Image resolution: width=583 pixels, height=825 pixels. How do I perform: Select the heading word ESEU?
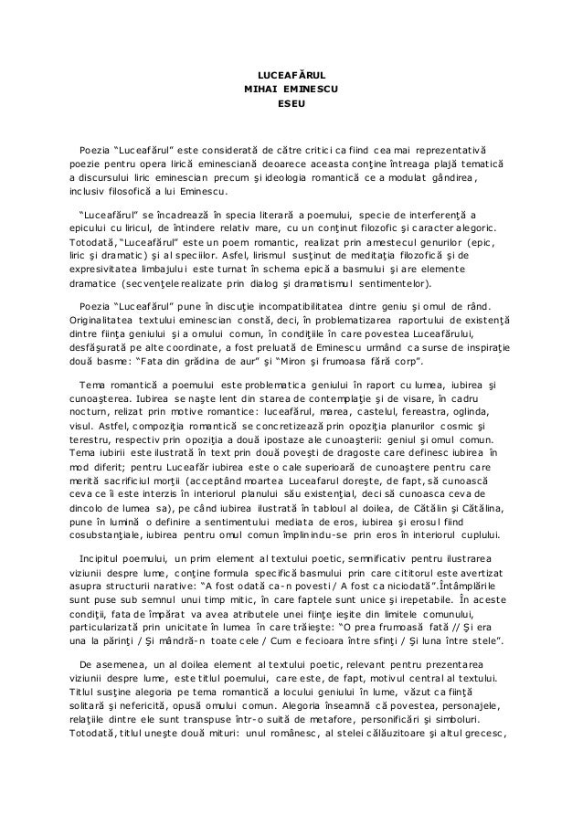291,105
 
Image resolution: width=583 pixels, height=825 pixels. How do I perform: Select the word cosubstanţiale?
111,558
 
